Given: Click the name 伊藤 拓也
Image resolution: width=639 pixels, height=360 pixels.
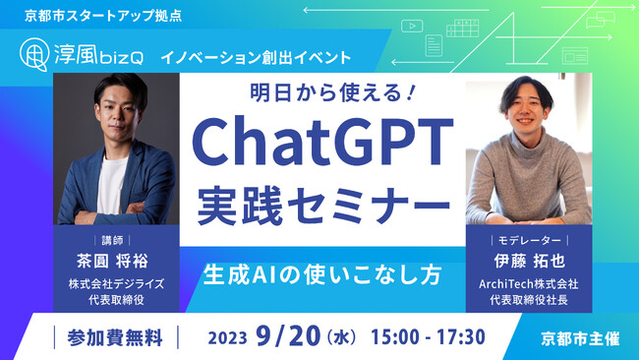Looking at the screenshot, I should tap(529, 263).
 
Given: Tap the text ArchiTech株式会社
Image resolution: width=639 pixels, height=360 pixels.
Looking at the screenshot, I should tap(529, 285).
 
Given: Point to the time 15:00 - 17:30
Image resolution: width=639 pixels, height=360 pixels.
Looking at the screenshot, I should tap(428, 337).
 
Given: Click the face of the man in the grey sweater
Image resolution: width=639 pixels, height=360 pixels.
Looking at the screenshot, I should tap(528, 116).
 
